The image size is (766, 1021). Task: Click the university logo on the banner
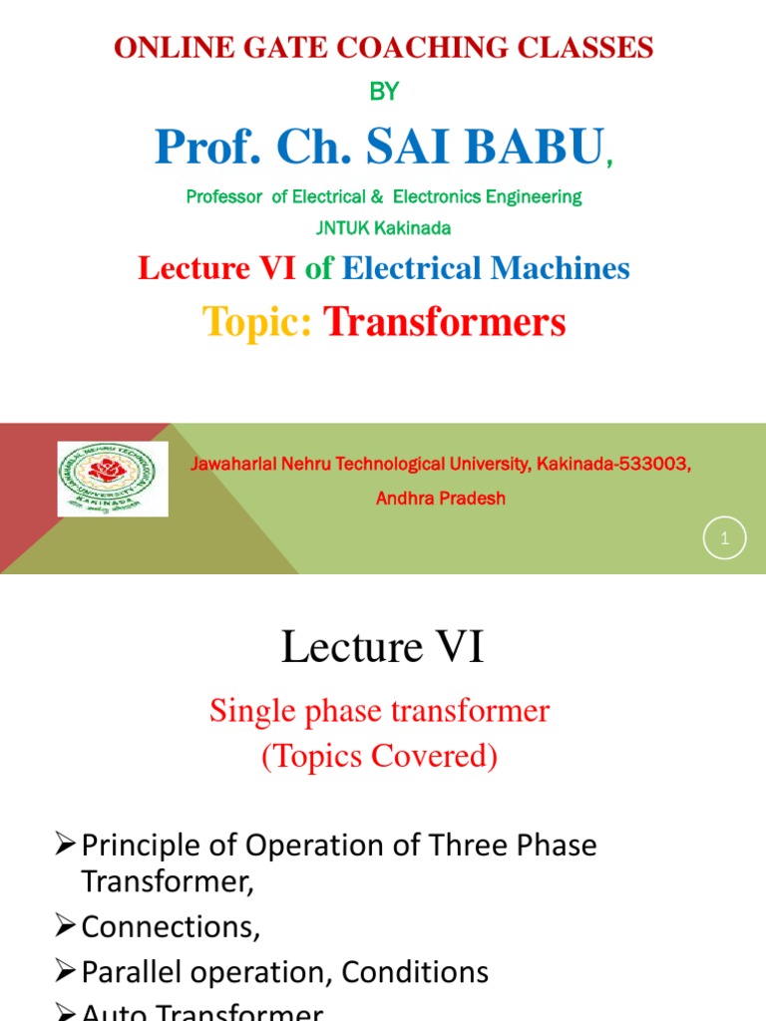pos(113,479)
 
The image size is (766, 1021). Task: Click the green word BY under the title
pos(384,92)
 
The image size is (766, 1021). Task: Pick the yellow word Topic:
pos(258,322)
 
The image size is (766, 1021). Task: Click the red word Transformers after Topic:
pos(445,322)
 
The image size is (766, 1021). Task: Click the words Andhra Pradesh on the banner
pos(440,499)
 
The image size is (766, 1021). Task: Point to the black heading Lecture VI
pos(383,648)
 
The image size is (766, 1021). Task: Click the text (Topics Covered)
pos(379,757)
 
